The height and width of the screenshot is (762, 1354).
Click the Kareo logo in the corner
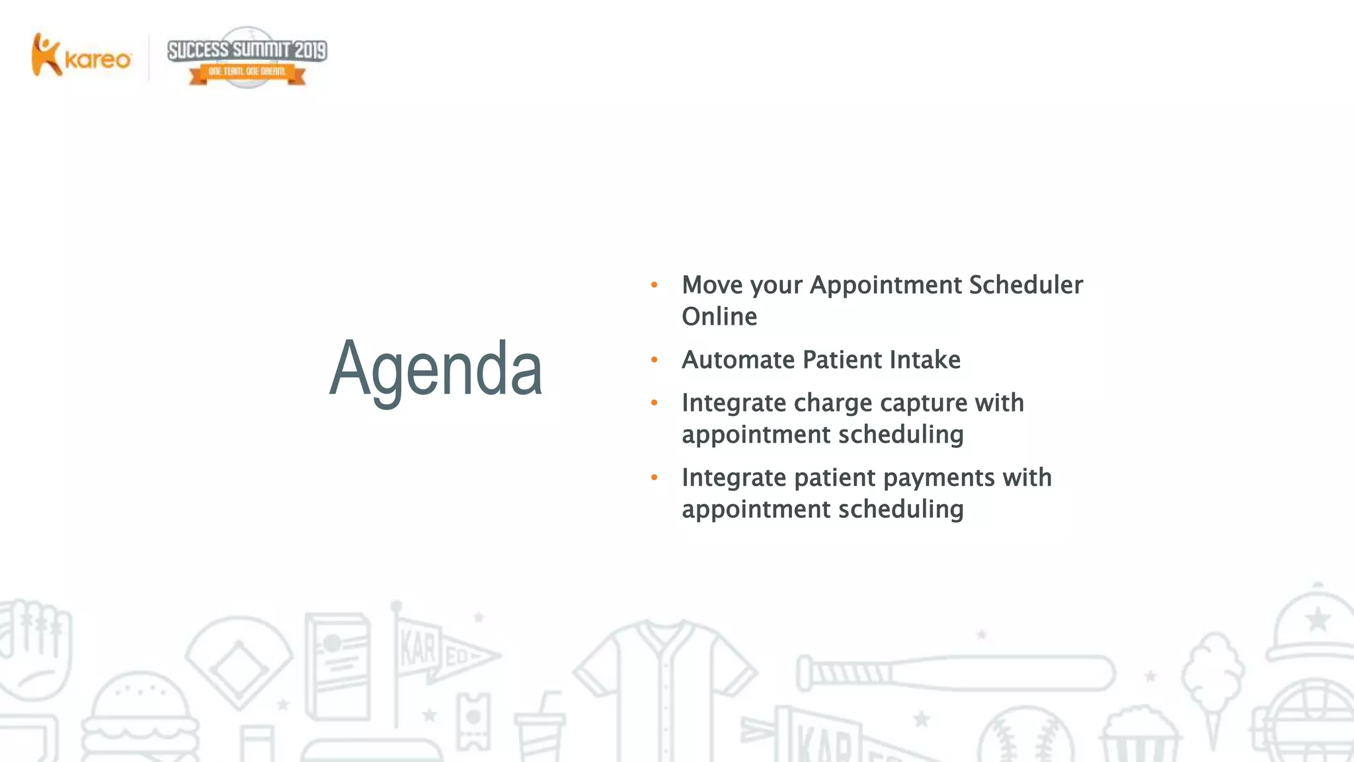81,56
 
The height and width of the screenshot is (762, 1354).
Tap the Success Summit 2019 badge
247,58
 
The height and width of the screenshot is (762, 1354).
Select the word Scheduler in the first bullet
1025,285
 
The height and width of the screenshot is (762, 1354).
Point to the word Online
719,317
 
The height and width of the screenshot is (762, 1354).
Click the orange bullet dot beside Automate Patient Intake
655,360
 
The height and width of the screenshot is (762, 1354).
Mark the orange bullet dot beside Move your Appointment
655,285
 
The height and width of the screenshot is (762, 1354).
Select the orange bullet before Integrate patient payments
655,477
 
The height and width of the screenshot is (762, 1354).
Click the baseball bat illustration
955,673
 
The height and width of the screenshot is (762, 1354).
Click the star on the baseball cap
1318,620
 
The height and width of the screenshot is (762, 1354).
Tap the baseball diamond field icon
238,661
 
